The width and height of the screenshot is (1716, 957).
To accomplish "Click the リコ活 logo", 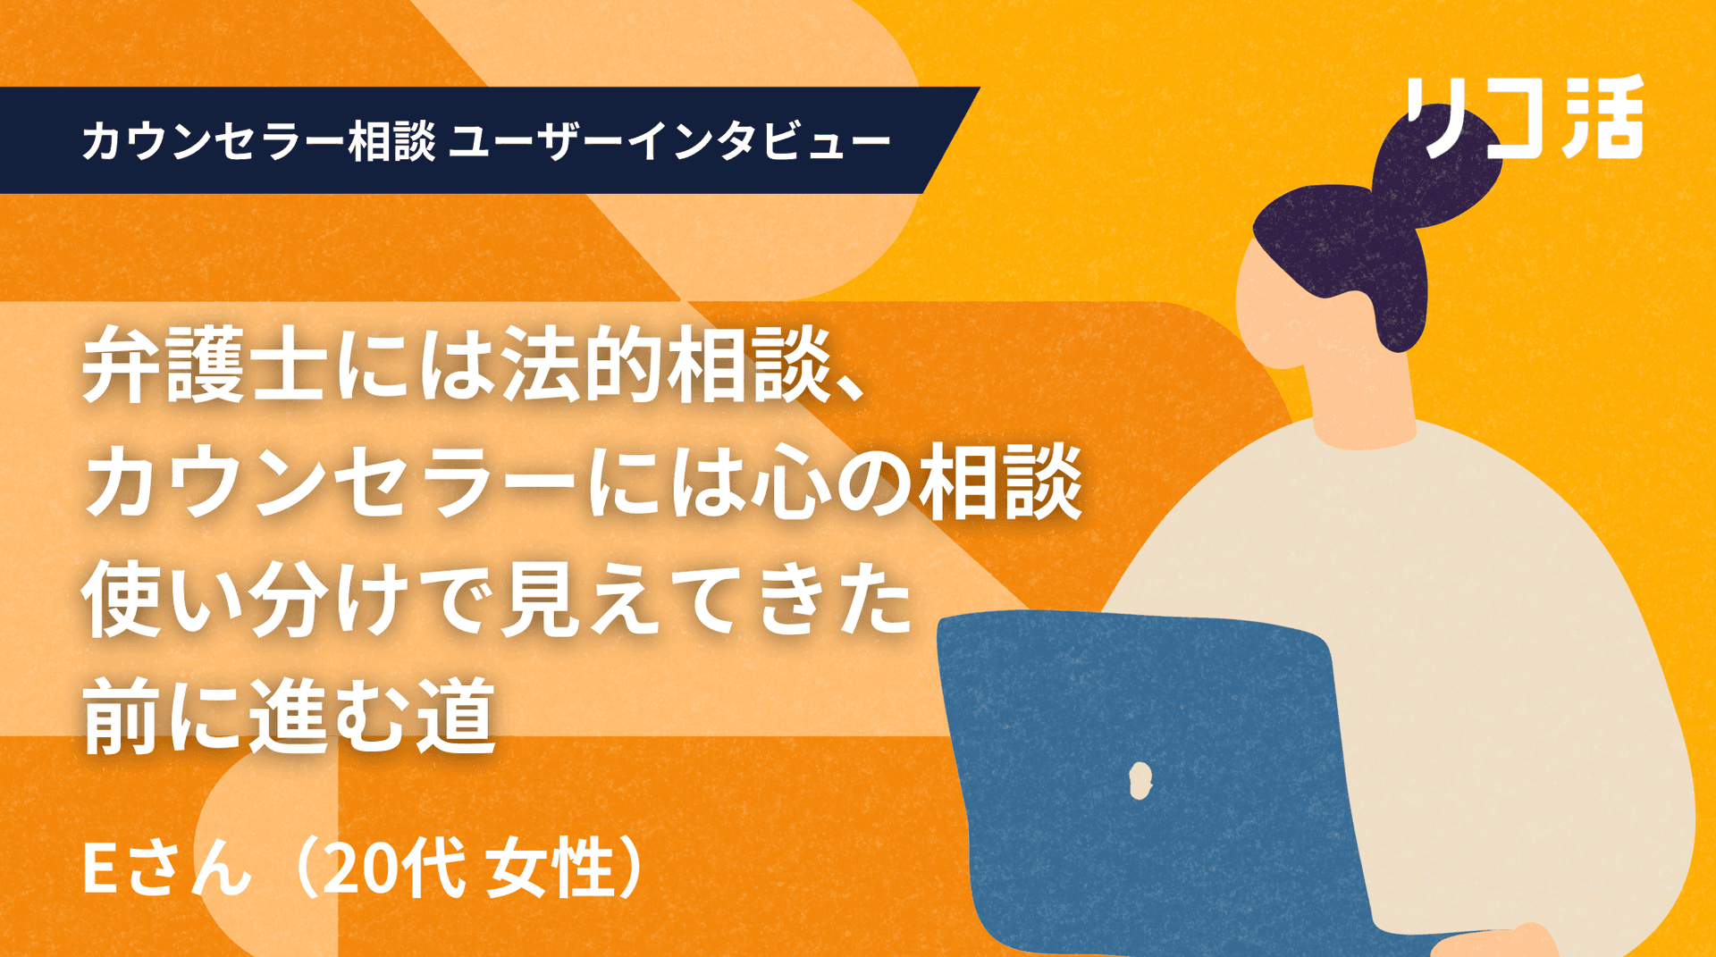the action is click(x=1525, y=117).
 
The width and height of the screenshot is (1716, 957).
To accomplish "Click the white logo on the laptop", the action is click(x=1140, y=779).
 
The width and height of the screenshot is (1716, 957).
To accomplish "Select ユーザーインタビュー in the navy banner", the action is click(x=669, y=141).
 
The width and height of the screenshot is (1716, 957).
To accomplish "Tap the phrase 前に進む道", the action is click(x=289, y=716).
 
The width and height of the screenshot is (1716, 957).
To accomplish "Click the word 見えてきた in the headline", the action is click(x=705, y=598).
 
